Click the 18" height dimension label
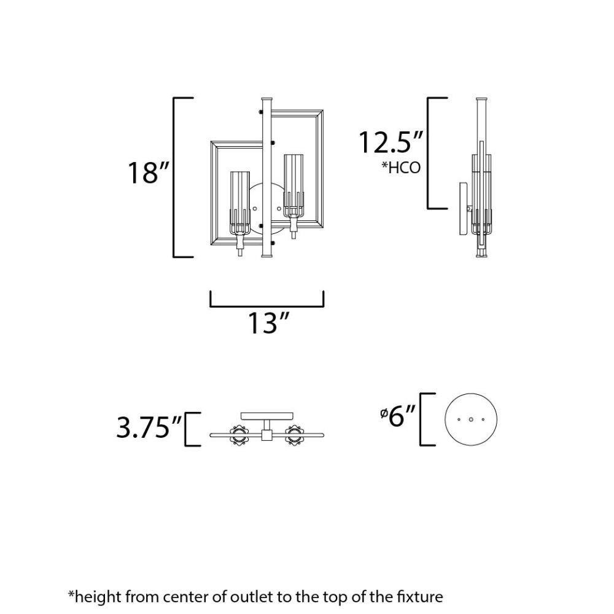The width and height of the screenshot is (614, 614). pyautogui.click(x=148, y=173)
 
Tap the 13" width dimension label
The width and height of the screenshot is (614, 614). pyautogui.click(x=269, y=323)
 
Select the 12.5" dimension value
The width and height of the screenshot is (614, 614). pyautogui.click(x=391, y=142)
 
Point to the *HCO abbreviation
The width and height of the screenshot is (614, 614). pyautogui.click(x=401, y=168)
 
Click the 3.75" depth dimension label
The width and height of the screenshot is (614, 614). pyautogui.click(x=149, y=427)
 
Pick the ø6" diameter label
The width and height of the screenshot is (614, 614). pyautogui.click(x=397, y=416)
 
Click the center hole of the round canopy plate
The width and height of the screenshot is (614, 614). pyautogui.click(x=471, y=419)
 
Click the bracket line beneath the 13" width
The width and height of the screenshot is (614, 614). pyautogui.click(x=267, y=306)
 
